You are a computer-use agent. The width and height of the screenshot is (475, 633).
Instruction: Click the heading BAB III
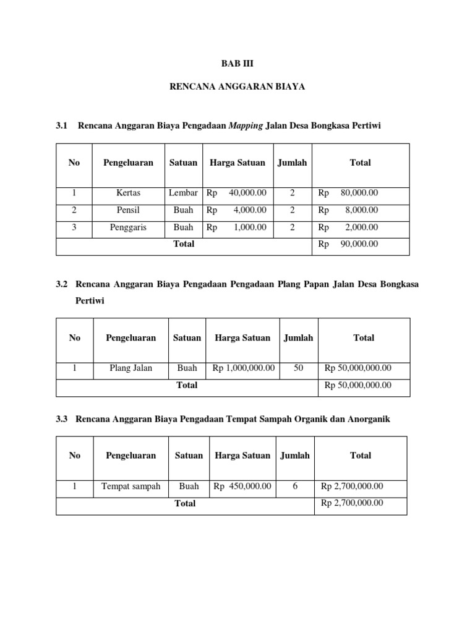pyautogui.click(x=237, y=64)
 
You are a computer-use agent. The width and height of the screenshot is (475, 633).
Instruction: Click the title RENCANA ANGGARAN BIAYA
pyautogui.click(x=237, y=88)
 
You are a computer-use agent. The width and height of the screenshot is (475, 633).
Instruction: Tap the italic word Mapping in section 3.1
pyautogui.click(x=246, y=126)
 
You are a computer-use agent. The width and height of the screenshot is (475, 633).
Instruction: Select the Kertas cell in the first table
pyautogui.click(x=129, y=193)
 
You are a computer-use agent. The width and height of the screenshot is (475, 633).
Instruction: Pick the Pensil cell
pyautogui.click(x=129, y=210)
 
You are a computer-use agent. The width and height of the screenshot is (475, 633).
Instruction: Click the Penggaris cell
pyautogui.click(x=129, y=227)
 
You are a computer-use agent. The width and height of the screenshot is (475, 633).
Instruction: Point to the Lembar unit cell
pyautogui.click(x=183, y=193)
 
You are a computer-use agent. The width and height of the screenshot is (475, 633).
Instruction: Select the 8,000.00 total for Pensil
pyautogui.click(x=361, y=210)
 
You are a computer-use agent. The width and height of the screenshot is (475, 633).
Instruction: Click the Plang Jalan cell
pyautogui.click(x=131, y=368)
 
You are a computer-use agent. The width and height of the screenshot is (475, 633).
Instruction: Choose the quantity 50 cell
pyautogui.click(x=299, y=368)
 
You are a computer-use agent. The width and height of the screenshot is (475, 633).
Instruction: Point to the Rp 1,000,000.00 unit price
pyautogui.click(x=244, y=368)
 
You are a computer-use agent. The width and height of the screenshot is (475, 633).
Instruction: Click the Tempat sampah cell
pyautogui.click(x=131, y=486)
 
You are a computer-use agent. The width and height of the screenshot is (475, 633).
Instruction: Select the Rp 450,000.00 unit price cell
pyautogui.click(x=242, y=486)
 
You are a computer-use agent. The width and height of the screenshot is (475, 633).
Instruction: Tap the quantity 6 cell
pyautogui.click(x=295, y=486)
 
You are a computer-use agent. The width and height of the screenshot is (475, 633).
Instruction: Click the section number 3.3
pyautogui.click(x=61, y=420)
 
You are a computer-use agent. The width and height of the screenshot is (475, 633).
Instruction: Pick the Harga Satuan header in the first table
pyautogui.click(x=237, y=163)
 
